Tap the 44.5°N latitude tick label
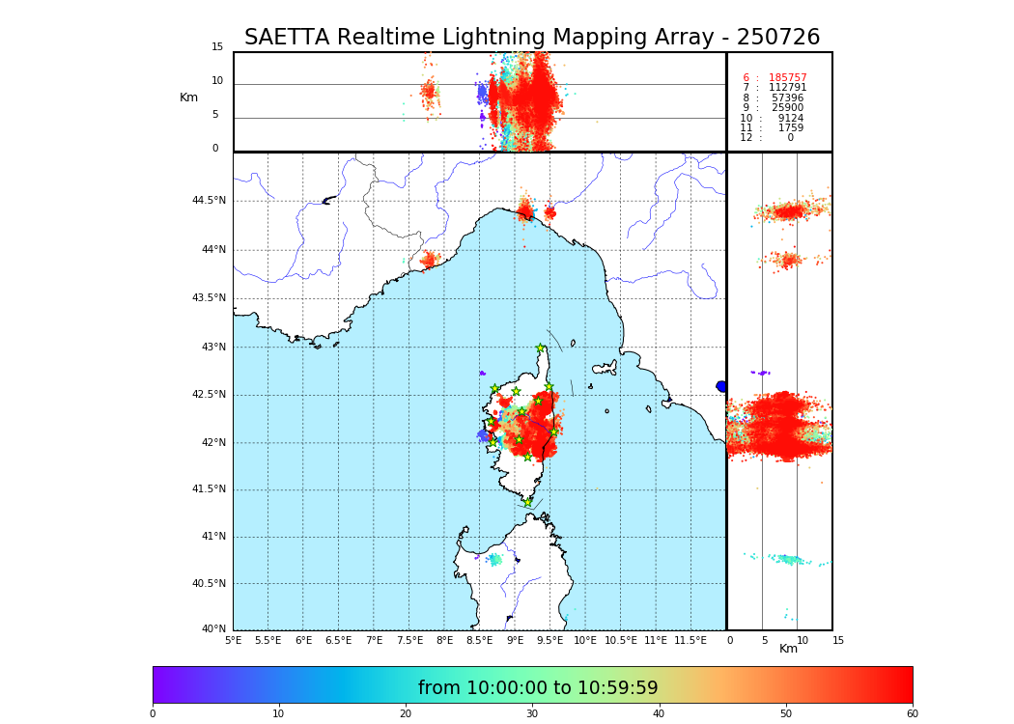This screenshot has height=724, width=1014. [209, 201]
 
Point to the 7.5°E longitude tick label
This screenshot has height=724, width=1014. [408, 640]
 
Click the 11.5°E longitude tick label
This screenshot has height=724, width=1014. [690, 640]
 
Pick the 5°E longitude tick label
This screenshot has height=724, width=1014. [234, 640]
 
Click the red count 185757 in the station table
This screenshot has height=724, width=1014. [787, 78]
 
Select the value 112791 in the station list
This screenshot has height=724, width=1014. [787, 88]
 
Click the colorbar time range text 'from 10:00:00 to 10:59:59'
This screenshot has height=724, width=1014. [538, 688]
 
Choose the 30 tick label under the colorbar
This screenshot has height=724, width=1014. [532, 714]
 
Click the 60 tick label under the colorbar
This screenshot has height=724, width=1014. [912, 714]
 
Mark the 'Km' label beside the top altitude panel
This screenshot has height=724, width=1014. [188, 97]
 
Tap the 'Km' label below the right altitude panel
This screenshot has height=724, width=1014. [788, 649]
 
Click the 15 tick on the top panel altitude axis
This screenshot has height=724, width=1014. [217, 47]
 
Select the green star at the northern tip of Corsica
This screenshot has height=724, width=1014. [541, 348]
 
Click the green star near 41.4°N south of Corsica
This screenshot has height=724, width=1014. [527, 502]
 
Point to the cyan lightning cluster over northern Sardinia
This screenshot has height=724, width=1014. [495, 559]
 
